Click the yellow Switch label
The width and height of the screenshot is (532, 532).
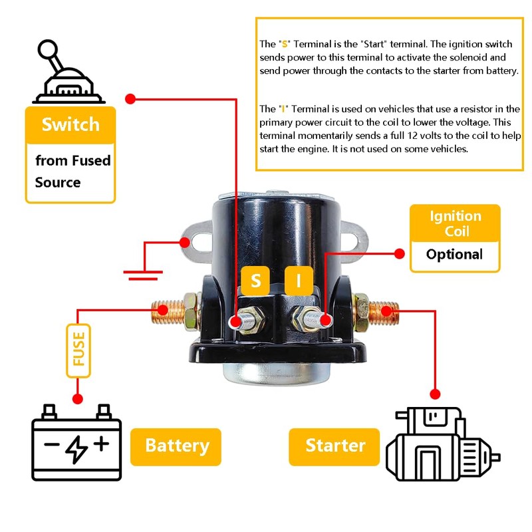(x=70, y=125)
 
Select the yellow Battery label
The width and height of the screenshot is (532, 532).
(x=176, y=446)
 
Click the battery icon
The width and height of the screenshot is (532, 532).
(x=76, y=442)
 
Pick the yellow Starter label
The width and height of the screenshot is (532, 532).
(x=334, y=446)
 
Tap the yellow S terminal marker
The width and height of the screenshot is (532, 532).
(x=256, y=281)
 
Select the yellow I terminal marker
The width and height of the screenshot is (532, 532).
(x=299, y=281)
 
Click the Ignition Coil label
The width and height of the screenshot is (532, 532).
(x=455, y=224)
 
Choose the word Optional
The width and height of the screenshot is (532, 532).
(x=455, y=255)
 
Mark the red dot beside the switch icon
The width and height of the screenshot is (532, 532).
(x=130, y=99)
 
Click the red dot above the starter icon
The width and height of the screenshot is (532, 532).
(x=436, y=393)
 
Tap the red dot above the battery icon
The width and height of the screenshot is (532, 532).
(x=78, y=399)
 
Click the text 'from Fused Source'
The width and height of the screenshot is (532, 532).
(x=72, y=172)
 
